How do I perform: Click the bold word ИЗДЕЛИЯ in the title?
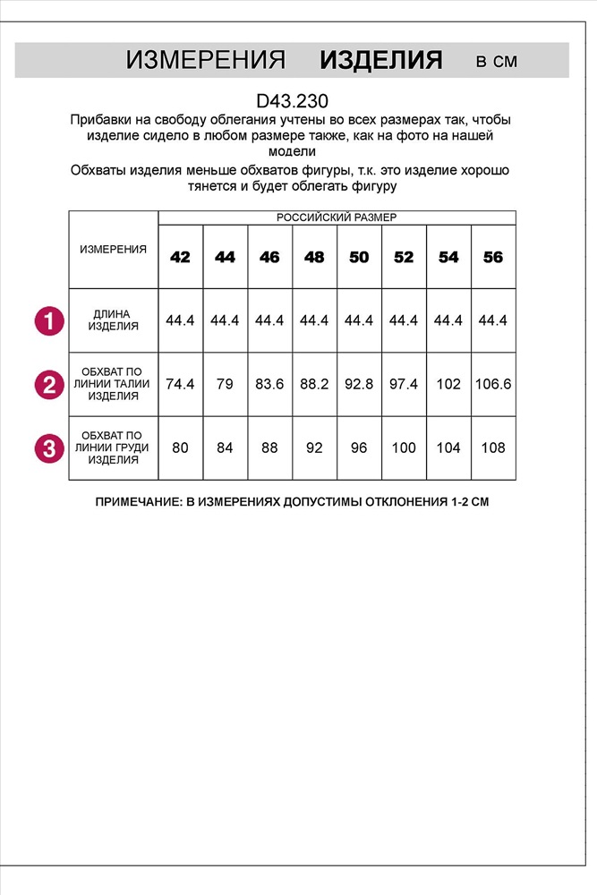tap(381, 61)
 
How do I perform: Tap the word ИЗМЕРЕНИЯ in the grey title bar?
tap(205, 61)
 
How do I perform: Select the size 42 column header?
tap(180, 257)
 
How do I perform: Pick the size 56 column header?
tap(493, 257)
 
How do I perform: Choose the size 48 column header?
tap(314, 257)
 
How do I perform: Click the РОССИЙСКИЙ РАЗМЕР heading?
tap(337, 217)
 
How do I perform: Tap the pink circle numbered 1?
tap(49, 320)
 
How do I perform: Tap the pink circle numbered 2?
tap(49, 385)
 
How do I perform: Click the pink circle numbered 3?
tap(49, 448)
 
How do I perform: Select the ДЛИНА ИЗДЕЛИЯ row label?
tap(114, 320)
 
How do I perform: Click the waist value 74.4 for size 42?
tap(180, 384)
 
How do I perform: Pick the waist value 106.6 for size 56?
tap(493, 384)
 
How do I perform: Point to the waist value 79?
tap(225, 384)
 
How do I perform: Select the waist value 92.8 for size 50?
tap(359, 384)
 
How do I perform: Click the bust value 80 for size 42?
tap(180, 447)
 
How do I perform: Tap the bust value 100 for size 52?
tap(404, 447)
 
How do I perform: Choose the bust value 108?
tap(493, 447)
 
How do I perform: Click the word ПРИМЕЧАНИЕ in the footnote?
tap(139, 503)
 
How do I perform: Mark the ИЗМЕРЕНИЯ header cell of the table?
tap(114, 250)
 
